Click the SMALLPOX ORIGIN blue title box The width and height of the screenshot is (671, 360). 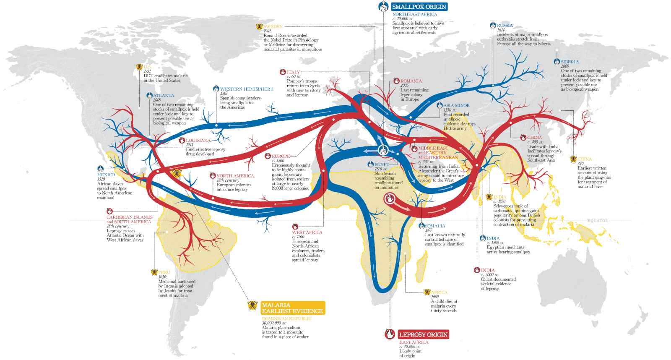click(419, 7)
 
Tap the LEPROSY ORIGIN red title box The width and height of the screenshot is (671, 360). click(423, 334)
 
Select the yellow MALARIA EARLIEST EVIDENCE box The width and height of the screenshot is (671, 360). click(292, 308)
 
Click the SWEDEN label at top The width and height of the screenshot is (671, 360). click(273, 26)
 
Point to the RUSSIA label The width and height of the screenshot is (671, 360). click(505, 26)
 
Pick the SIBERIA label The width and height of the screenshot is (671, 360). click(570, 62)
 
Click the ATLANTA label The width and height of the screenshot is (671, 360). click(164, 96)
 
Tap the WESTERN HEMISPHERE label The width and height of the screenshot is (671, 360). click(247, 89)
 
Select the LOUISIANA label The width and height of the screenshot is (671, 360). click(198, 141)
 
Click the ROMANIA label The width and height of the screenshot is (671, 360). click(411, 81)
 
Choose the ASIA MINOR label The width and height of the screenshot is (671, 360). click(456, 106)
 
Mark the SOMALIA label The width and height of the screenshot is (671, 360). click(435, 226)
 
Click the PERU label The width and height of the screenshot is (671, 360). click(164, 273)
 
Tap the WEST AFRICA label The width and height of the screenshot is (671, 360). click(307, 232)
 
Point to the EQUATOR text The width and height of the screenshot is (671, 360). click(598, 221)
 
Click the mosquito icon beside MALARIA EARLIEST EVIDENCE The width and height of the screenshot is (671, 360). click(252, 305)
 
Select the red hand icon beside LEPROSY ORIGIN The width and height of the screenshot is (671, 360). click(390, 334)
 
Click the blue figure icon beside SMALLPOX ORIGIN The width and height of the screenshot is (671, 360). click(383, 6)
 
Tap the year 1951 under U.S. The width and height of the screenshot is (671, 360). click(147, 71)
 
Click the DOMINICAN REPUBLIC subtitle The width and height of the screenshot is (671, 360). click(286, 319)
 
